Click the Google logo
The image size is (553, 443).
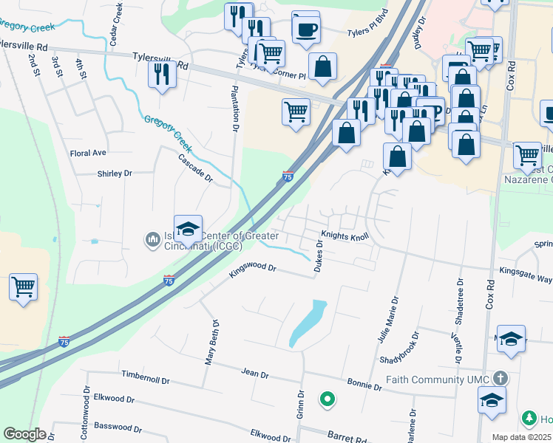pyautogui.click(x=24, y=434)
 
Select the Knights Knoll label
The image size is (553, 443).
pyautogui.click(x=344, y=237)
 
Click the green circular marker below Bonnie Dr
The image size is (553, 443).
pyautogui.click(x=327, y=400)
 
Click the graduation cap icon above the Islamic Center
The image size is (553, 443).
pyautogui.click(x=188, y=227)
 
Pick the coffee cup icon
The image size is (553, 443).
pyautogui.click(x=306, y=30)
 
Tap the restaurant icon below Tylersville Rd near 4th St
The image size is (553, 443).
pyautogui.click(x=161, y=74)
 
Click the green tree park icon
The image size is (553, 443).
pyautogui.click(x=529, y=419)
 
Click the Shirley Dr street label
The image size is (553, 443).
pyautogui.click(x=115, y=174)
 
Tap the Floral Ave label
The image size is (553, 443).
pyautogui.click(x=88, y=153)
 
